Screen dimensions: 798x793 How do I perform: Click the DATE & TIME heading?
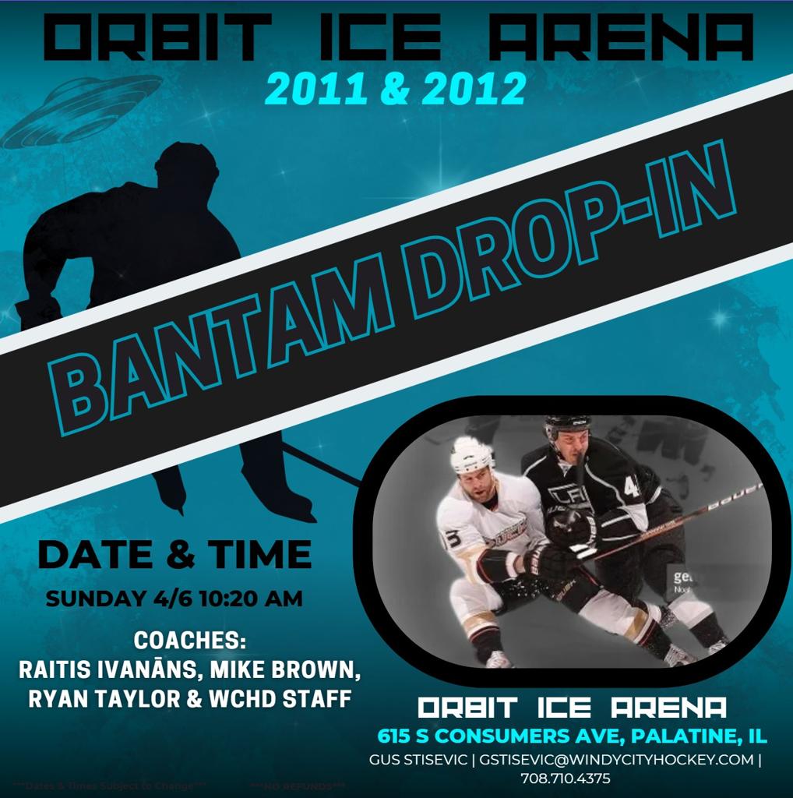coord(174,555)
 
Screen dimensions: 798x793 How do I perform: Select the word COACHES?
coord(190,641)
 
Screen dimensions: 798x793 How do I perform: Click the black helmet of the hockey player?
coord(567,426)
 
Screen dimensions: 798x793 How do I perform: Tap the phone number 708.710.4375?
coord(566,779)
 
